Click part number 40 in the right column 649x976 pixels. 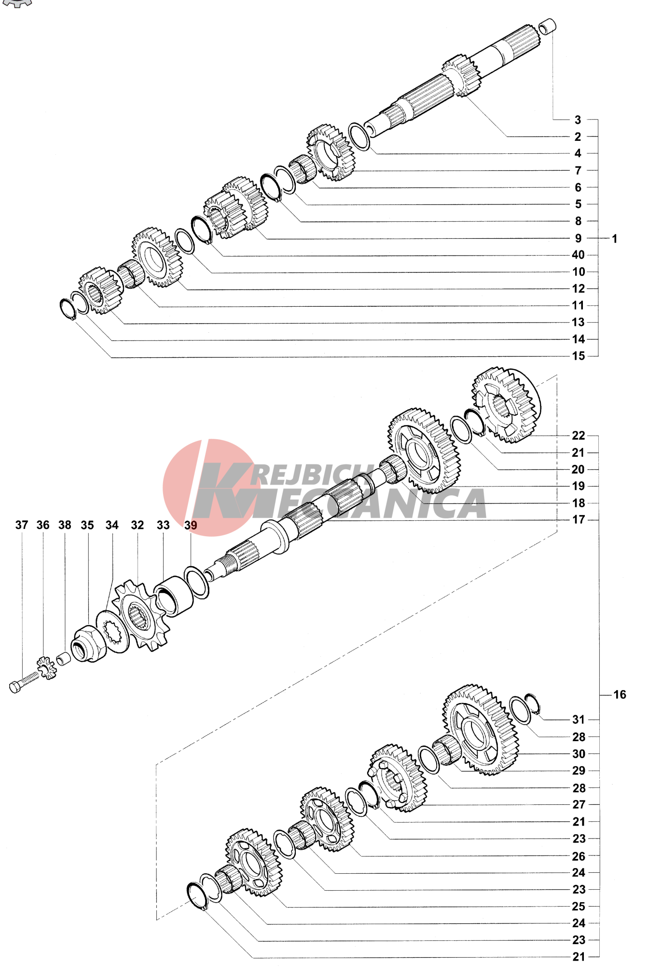(578, 255)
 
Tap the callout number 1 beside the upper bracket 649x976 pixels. (614, 238)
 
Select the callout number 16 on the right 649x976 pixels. (620, 694)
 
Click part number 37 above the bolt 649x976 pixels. (22, 525)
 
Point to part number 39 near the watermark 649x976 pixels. (191, 525)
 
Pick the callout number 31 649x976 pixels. (579, 719)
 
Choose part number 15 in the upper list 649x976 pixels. (579, 356)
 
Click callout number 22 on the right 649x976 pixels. (579, 435)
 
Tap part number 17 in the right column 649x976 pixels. (579, 519)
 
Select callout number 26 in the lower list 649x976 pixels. (579, 856)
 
